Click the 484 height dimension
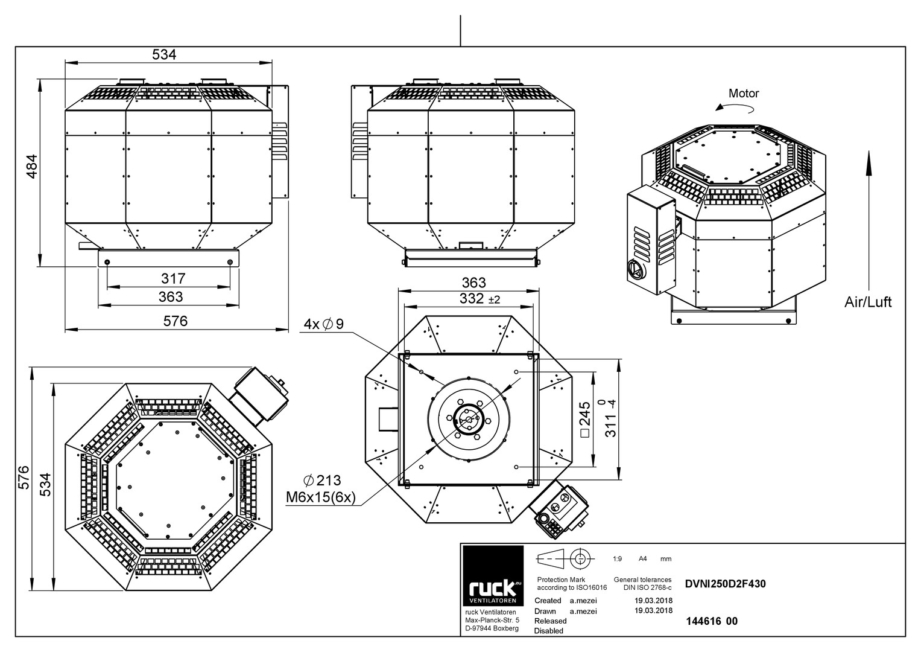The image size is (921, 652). [x=31, y=166]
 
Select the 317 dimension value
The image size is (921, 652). [x=173, y=278]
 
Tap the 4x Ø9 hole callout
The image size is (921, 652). [x=323, y=324]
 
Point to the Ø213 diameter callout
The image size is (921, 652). [x=322, y=480]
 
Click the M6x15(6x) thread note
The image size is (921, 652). [x=321, y=497]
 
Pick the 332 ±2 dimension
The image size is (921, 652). [x=480, y=298]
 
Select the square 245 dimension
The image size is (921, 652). [x=586, y=419]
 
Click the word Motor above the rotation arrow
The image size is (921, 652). [x=744, y=94]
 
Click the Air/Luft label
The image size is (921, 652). [x=868, y=302]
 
